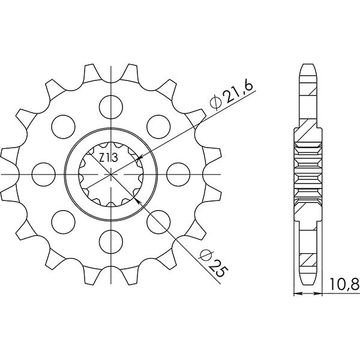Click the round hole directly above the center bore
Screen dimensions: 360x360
coord(111,105)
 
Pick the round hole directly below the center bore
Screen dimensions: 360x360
coord(111,241)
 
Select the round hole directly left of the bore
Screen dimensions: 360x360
coord(43,173)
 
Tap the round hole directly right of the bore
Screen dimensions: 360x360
coord(179,173)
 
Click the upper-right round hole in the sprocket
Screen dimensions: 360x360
coord(159,125)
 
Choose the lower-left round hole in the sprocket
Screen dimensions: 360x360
coord(63,221)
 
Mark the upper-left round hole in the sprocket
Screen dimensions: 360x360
coord(63,125)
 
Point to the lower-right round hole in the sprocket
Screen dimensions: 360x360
coord(159,221)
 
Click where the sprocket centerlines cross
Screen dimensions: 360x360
coord(111,173)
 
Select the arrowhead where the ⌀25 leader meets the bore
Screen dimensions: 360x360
coord(140,202)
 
